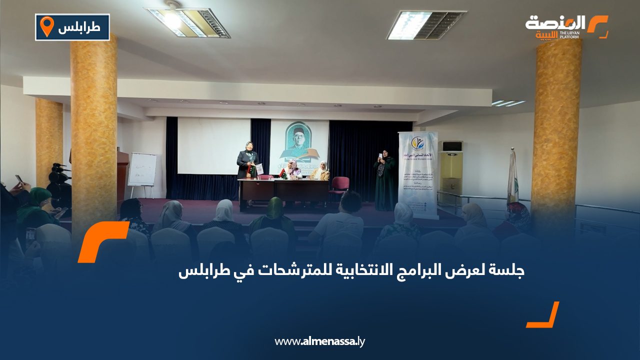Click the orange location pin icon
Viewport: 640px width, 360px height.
coord(46,26)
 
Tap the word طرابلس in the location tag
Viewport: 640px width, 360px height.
coord(79,28)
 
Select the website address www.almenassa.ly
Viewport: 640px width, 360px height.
coord(320,341)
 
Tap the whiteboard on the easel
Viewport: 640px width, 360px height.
coord(142,169)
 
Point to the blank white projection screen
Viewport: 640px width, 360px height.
coord(213,145)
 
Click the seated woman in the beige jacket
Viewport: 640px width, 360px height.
coord(320,171)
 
